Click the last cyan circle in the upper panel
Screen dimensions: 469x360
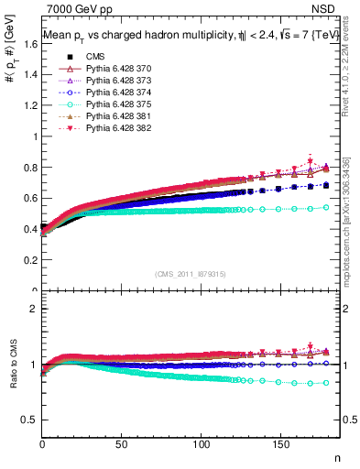(x=326, y=207)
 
